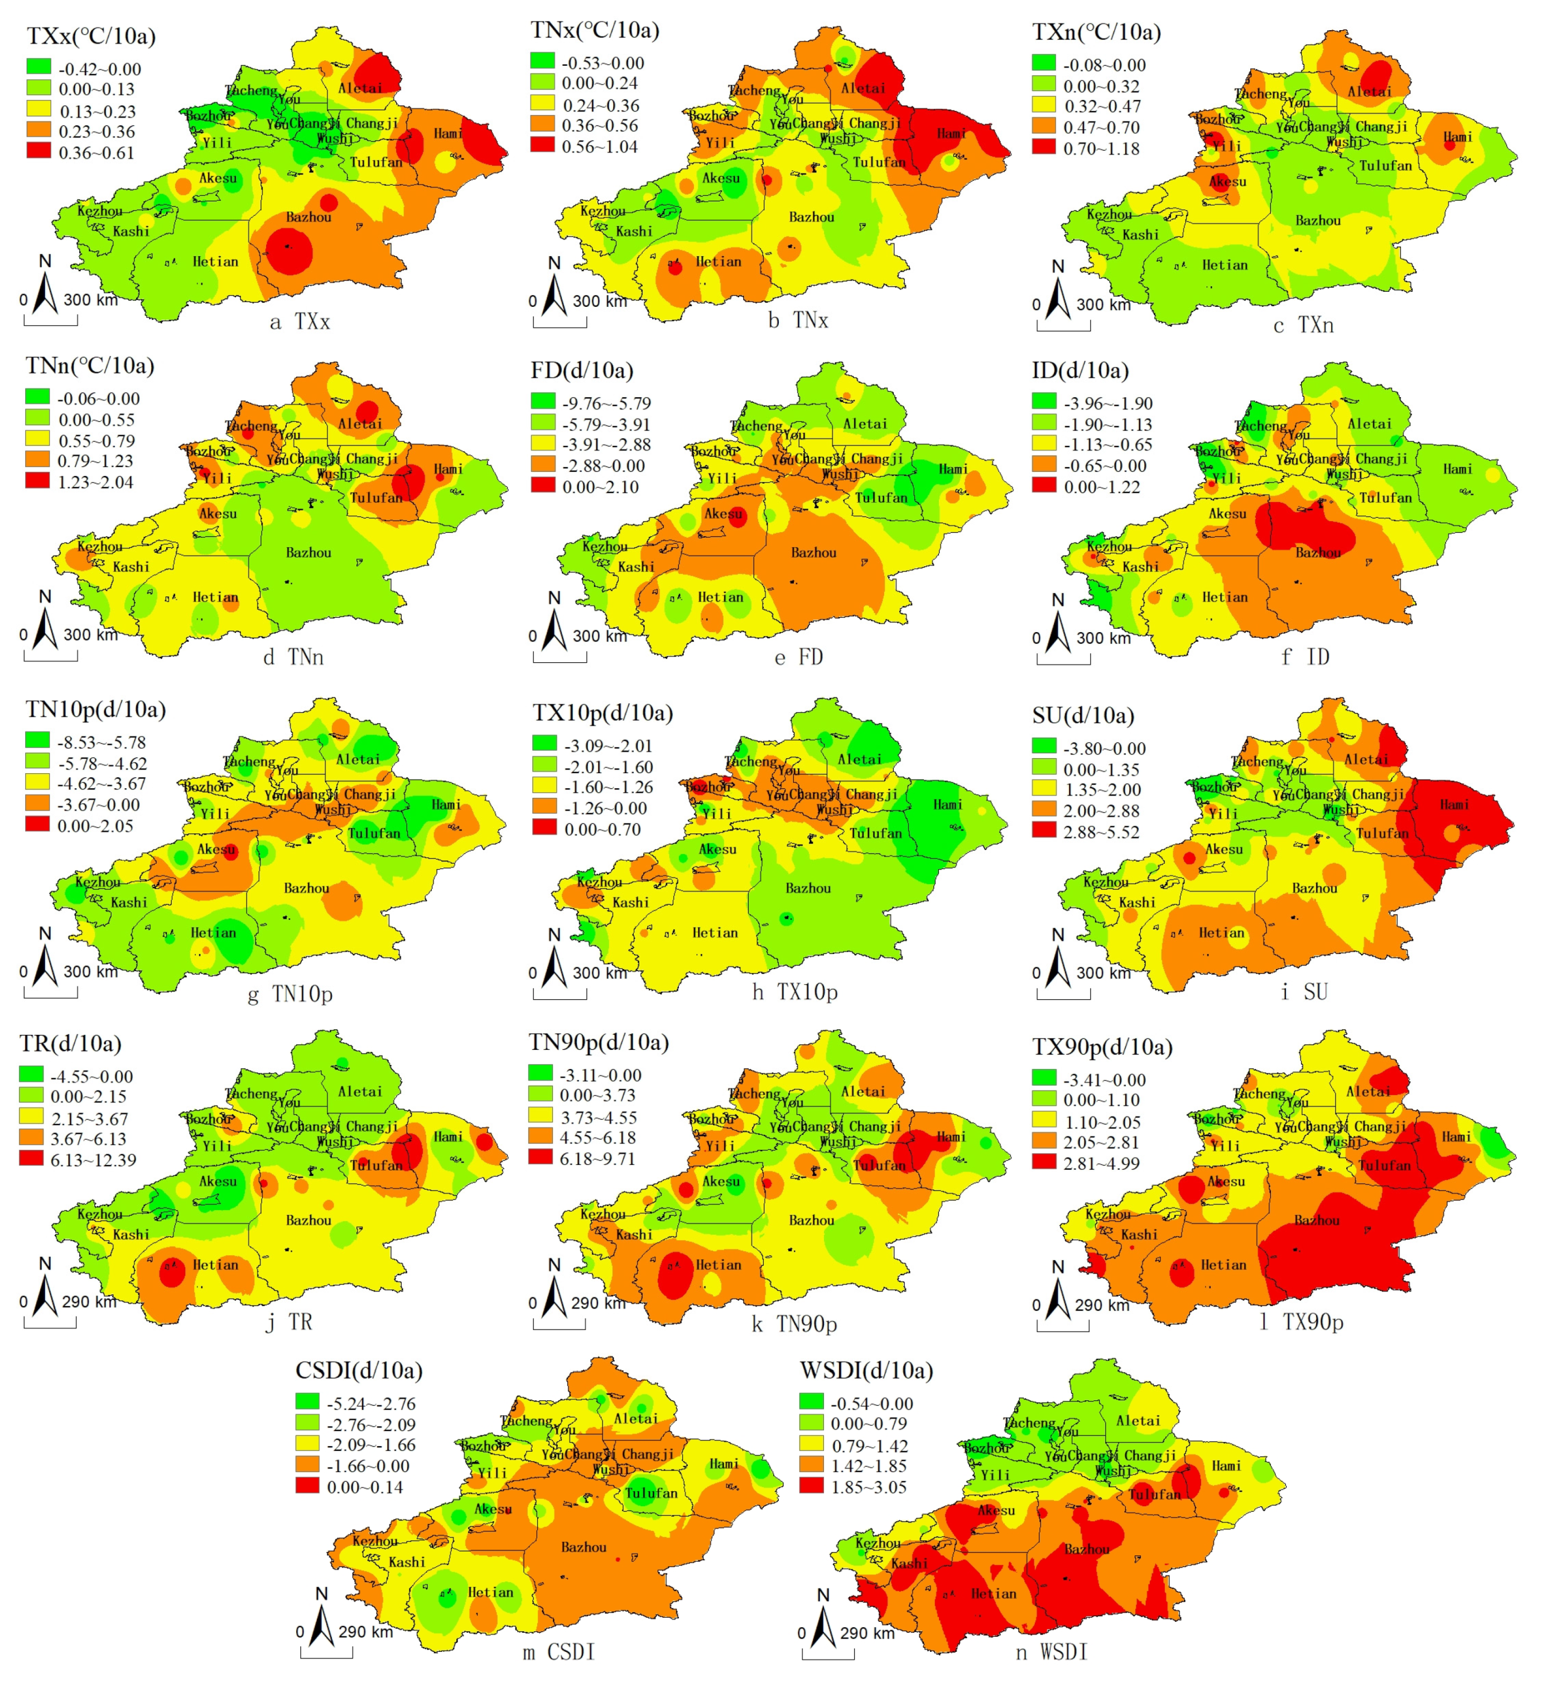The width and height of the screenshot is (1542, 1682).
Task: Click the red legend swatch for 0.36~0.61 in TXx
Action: tap(38, 152)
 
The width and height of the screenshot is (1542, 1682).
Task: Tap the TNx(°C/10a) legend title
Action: tap(594, 31)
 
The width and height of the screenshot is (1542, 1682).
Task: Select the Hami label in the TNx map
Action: tap(951, 133)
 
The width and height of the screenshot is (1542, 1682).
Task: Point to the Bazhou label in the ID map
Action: tap(1318, 553)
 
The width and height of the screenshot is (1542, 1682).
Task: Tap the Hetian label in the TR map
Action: tap(215, 1265)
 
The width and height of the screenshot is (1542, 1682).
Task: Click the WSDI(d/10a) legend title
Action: tap(866, 1370)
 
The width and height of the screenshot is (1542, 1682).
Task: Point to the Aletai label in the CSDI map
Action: tap(636, 1418)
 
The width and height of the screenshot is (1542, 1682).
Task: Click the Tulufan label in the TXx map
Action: tap(375, 162)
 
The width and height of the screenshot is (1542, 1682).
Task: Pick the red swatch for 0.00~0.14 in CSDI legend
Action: tap(307, 1486)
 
